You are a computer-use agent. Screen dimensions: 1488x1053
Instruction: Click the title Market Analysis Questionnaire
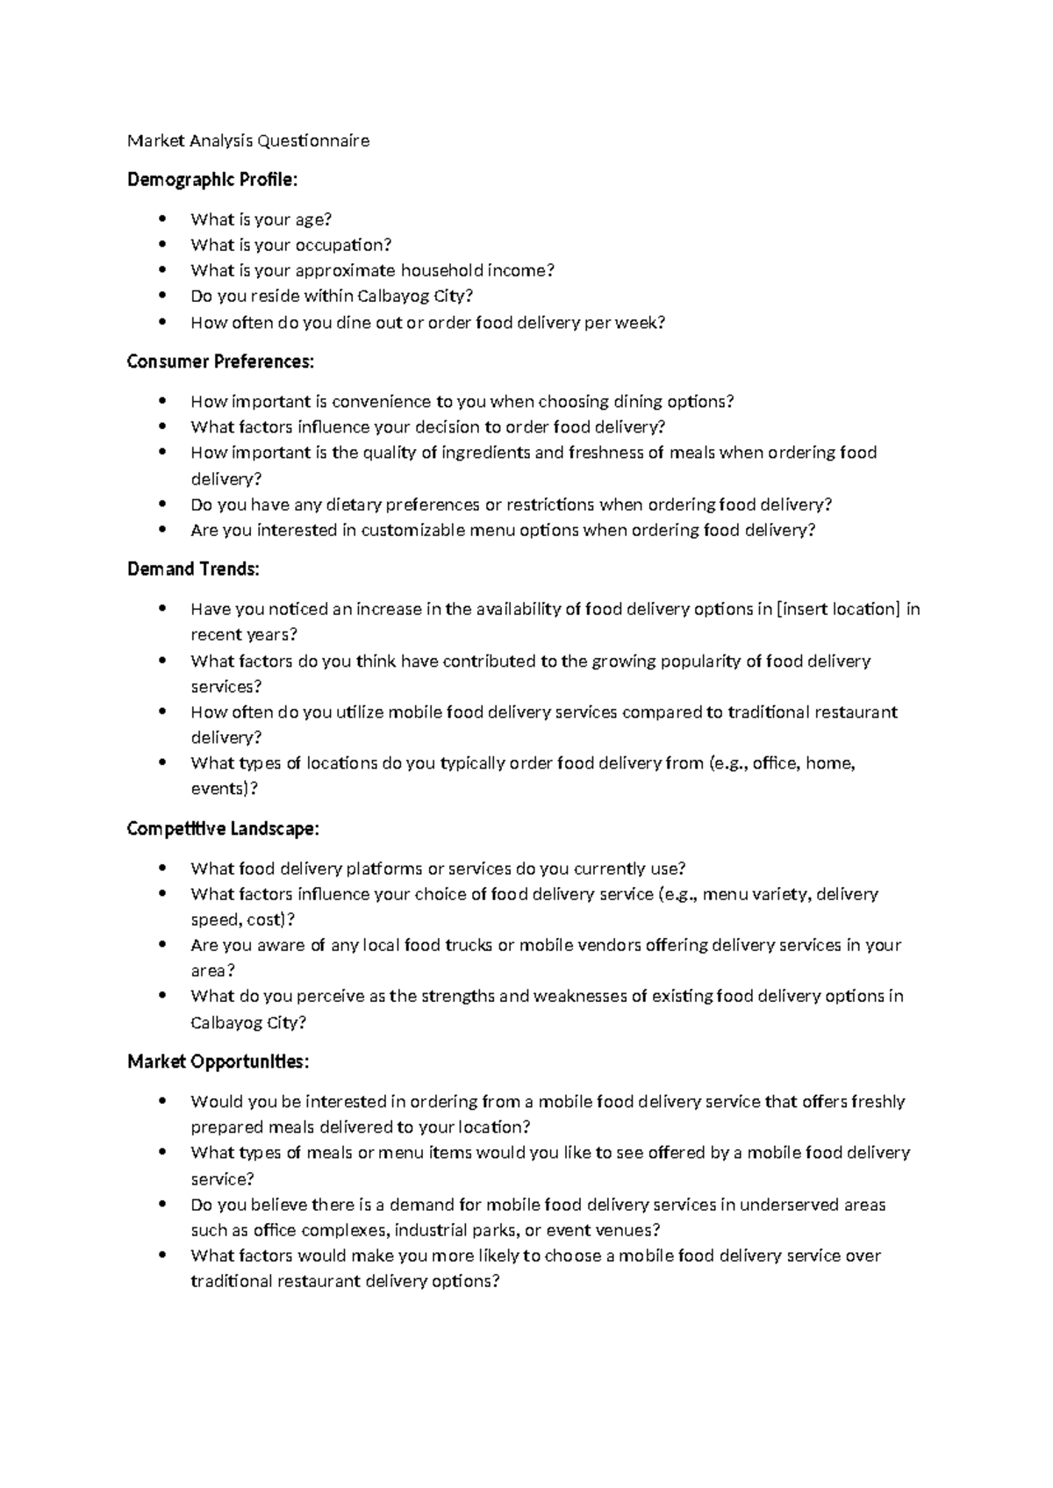point(248,140)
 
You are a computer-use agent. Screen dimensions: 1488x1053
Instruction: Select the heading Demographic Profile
point(212,180)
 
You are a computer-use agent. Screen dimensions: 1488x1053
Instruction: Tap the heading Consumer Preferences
point(219,361)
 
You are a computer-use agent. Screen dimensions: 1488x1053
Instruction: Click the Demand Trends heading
point(193,569)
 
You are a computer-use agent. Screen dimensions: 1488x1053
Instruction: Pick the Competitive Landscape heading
point(223,828)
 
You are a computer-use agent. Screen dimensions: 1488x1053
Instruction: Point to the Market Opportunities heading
point(218,1062)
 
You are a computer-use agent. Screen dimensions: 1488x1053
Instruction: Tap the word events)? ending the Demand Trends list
point(225,789)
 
